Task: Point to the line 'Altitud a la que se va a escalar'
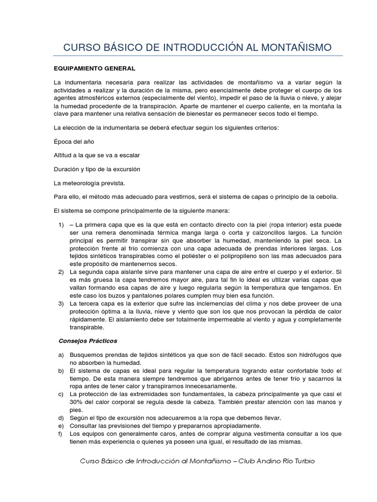coord(97,155)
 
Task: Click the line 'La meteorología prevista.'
coord(89,183)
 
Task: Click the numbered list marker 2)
coord(61,272)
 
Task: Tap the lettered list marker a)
coord(61,354)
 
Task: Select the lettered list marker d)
coord(61,418)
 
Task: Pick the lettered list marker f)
coord(61,433)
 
